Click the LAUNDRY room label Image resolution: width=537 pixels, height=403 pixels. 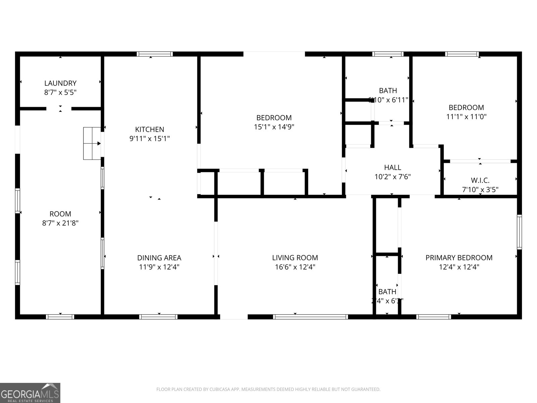(x=60, y=83)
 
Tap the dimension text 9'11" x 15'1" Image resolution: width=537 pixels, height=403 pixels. (x=150, y=138)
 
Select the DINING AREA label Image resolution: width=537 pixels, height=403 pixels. (x=159, y=258)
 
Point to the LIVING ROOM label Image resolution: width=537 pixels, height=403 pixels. (x=295, y=258)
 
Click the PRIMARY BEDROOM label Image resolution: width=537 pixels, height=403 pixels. (x=459, y=258)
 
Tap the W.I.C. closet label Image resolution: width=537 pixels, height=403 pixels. (x=480, y=180)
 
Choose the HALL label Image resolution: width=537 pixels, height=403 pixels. (x=392, y=167)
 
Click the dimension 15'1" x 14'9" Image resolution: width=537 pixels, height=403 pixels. (x=274, y=127)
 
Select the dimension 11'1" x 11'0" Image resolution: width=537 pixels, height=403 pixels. (x=466, y=117)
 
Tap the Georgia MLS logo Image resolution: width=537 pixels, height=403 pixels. (x=30, y=393)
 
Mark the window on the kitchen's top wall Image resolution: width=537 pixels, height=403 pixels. (x=155, y=54)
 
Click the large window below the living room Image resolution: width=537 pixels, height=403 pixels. (x=310, y=317)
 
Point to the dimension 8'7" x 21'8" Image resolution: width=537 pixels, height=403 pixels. (x=60, y=223)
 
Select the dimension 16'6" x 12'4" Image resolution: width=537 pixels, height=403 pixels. (x=295, y=267)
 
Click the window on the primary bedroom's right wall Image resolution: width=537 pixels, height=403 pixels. (x=519, y=232)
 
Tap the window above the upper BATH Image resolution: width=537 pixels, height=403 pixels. (x=388, y=54)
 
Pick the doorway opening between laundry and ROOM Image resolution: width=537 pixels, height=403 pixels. (x=59, y=108)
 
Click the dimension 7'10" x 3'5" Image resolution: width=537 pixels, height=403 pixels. (x=480, y=190)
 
